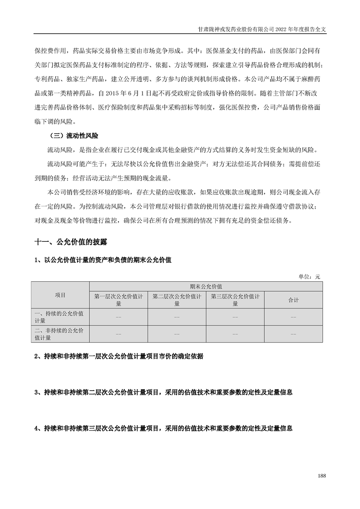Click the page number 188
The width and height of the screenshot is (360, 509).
[322, 475]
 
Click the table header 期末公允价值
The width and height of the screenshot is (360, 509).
[206, 287]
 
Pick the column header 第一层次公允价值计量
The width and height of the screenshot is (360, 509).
[118, 300]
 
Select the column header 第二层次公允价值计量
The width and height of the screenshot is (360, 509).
[177, 300]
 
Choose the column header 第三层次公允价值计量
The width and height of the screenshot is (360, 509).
[235, 300]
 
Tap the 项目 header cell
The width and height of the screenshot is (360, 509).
[60, 295]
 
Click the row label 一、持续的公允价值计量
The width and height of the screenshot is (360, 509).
[60, 317]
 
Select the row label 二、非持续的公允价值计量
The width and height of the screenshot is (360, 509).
[60, 334]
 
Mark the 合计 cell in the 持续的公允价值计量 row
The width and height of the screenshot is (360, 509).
[293, 317]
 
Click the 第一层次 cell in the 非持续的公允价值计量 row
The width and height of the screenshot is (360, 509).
[118, 334]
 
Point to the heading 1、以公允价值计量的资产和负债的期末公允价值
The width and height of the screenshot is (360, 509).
[103, 260]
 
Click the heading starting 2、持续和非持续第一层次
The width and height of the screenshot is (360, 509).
[119, 357]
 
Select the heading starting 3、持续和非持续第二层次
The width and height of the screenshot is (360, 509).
[163, 392]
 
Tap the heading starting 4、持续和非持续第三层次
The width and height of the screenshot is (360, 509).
[163, 428]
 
